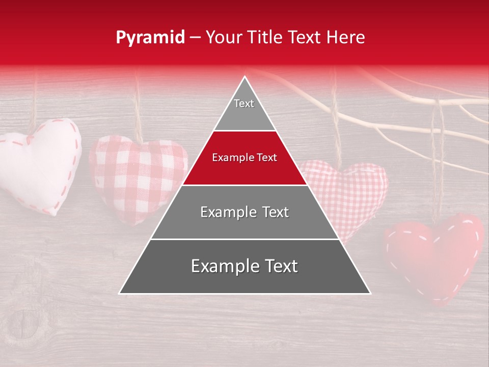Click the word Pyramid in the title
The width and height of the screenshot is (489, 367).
[x=150, y=38]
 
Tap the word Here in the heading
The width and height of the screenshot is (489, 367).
[x=346, y=38]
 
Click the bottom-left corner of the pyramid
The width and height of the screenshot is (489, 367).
[x=120, y=293]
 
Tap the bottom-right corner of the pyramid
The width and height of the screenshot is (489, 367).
[x=370, y=293]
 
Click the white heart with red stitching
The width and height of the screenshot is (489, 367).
[x=41, y=163]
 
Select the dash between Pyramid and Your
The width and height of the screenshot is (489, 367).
[x=195, y=38]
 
